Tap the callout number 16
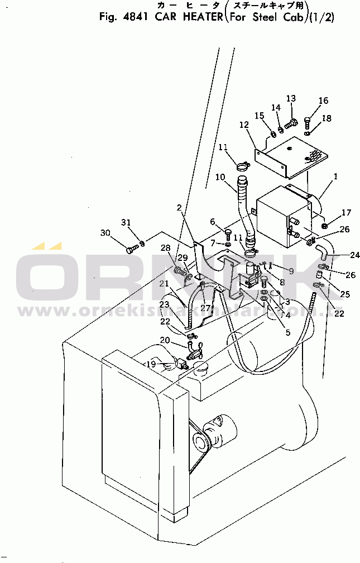pos(324,101)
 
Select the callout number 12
pos(244,125)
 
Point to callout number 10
pos(220,177)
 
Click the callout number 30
pos(105,232)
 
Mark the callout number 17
pos(346,212)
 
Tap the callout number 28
pos(166,247)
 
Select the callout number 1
pos(335,176)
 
